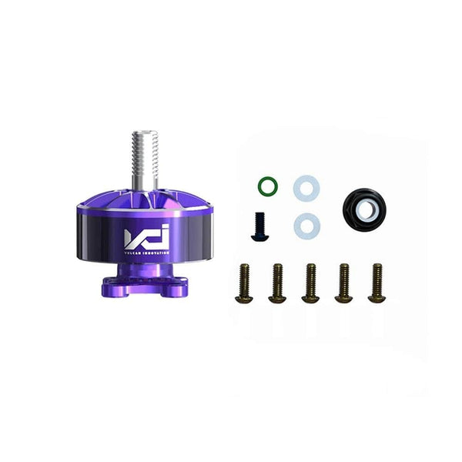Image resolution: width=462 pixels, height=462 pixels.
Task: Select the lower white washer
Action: [306, 225]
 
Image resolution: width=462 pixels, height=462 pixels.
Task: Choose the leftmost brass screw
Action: [244, 283]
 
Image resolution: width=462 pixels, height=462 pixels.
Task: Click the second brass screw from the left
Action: [276, 283]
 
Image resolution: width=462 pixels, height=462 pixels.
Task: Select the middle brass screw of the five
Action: [310, 283]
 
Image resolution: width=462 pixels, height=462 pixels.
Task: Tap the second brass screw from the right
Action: [343, 283]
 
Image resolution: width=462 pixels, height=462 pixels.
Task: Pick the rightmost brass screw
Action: [376, 283]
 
